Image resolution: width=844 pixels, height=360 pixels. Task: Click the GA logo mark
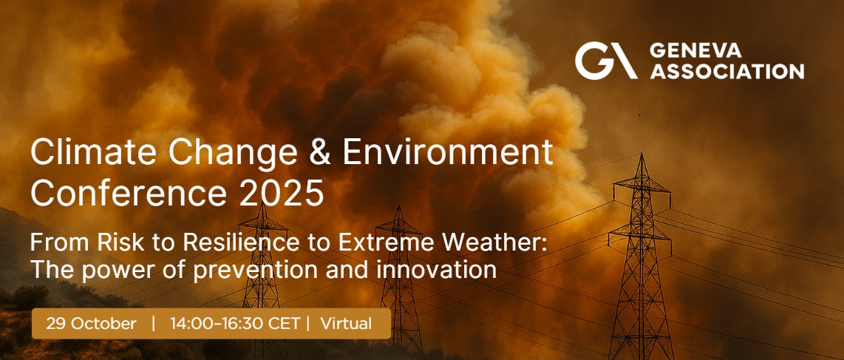tap(606, 61)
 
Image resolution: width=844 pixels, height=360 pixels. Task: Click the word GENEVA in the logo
tap(695, 51)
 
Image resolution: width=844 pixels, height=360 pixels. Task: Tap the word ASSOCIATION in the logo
tap(726, 71)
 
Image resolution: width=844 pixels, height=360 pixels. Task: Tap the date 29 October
tap(91, 323)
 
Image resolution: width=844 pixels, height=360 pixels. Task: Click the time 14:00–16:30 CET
tap(236, 323)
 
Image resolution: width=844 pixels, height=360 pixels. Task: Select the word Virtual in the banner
tap(346, 323)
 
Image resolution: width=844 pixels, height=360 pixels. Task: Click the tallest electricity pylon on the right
tap(641, 258)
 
